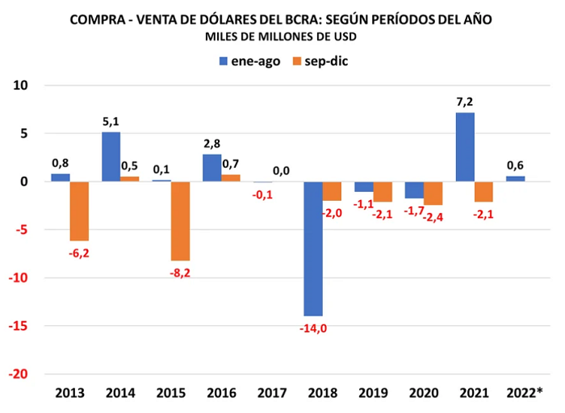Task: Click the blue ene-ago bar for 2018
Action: coord(313,248)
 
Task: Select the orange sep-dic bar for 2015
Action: coord(180,221)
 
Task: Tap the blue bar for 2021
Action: coord(465,147)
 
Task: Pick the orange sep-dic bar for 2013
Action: coord(79,211)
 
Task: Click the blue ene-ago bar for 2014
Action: coord(111,157)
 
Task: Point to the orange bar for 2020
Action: coord(433,194)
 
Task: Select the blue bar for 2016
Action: coord(212,168)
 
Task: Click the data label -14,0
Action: coord(313,328)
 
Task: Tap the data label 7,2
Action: coord(465,102)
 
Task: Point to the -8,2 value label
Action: coord(180,273)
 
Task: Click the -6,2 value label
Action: coord(79,253)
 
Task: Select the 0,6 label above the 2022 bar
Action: coord(515,165)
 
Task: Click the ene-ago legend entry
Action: coord(249,61)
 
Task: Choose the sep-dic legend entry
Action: coord(320,61)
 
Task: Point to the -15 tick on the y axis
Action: coord(18,326)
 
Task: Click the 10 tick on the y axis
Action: coord(20,86)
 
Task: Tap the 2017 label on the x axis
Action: coord(272,393)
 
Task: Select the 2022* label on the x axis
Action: coord(525,393)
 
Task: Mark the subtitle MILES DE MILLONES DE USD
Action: coord(281,37)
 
